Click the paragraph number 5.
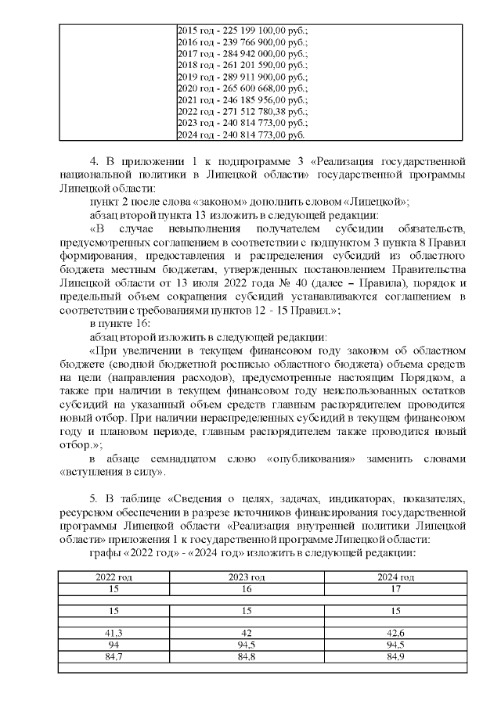click(95, 498)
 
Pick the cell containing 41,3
click(114, 631)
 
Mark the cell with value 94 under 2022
click(114, 644)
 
